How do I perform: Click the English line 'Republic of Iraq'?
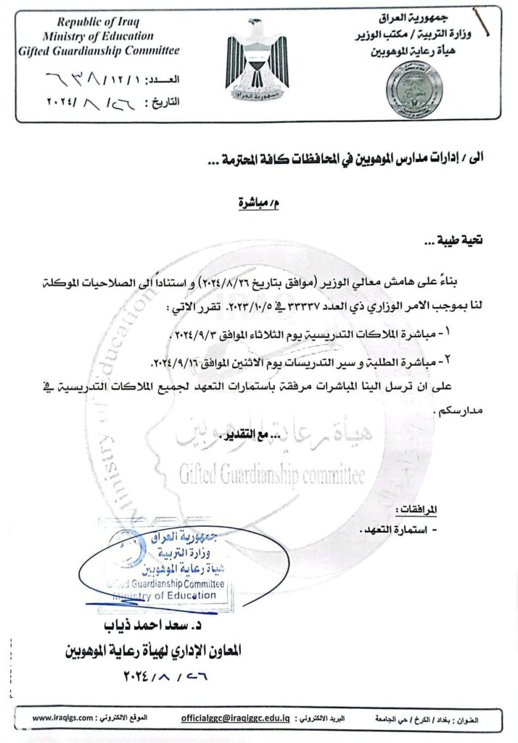click(99, 22)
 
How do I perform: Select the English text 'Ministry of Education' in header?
click(98, 36)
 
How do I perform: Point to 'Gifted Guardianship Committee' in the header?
click(99, 50)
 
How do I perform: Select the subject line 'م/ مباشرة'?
click(258, 203)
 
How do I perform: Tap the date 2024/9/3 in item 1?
click(201, 335)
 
